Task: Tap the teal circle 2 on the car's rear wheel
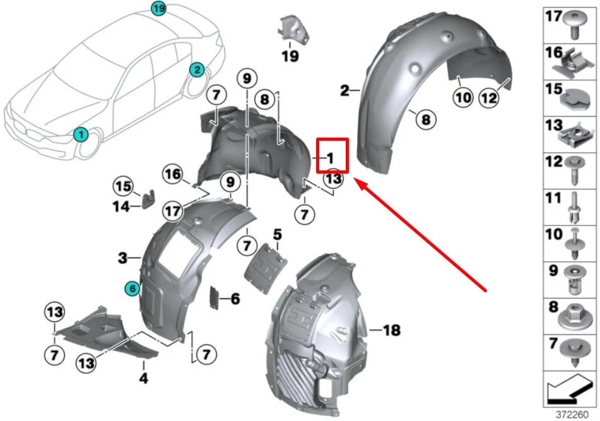196,69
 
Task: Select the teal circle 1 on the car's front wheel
80,134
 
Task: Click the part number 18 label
392,329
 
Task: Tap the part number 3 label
122,258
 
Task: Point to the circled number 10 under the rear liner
462,97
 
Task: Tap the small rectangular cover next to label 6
215,298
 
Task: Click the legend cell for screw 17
570,25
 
